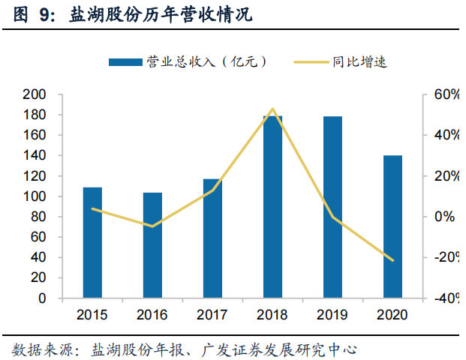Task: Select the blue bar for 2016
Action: [152, 245]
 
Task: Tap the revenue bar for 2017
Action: [212, 238]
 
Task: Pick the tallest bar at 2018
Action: [272, 206]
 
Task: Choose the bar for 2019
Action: [332, 207]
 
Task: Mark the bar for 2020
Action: [392, 226]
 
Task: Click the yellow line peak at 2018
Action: [272, 109]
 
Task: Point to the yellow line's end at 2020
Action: [392, 260]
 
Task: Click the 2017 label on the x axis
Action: [212, 313]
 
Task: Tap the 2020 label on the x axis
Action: [392, 313]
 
